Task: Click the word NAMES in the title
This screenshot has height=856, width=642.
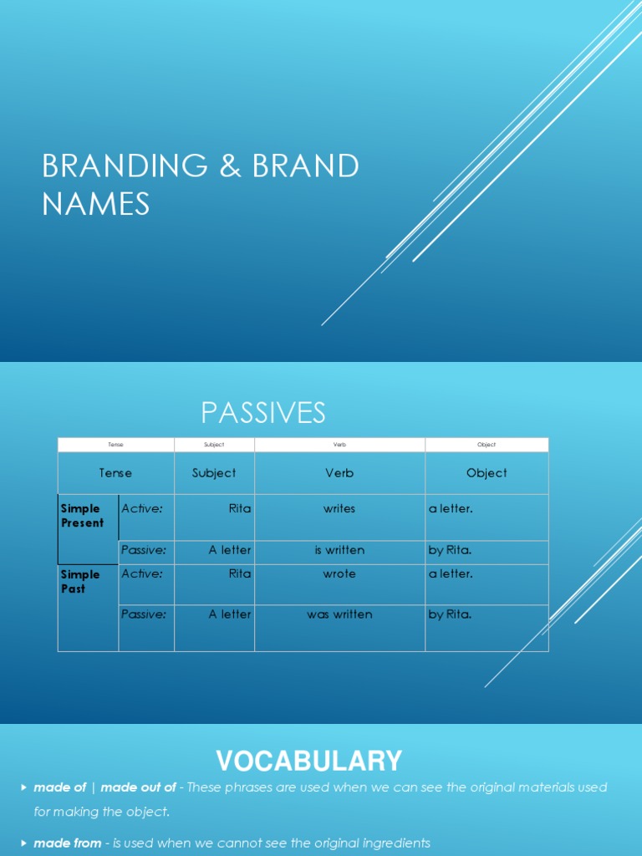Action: pyautogui.click(x=96, y=203)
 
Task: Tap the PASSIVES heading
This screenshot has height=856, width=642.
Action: pyautogui.click(x=263, y=412)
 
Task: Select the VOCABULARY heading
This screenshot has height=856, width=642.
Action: pyautogui.click(x=309, y=761)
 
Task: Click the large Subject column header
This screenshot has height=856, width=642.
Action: pyautogui.click(x=214, y=473)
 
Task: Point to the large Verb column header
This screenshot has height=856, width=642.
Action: pyautogui.click(x=339, y=473)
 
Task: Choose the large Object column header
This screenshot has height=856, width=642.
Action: pyautogui.click(x=487, y=473)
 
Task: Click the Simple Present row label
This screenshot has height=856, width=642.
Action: pyautogui.click(x=83, y=516)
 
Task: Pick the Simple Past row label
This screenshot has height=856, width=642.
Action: pyautogui.click(x=80, y=582)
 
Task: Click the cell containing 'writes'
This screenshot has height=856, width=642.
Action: pyautogui.click(x=339, y=508)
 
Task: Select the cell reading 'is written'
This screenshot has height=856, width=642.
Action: pyautogui.click(x=339, y=550)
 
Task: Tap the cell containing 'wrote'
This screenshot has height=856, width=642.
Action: pyautogui.click(x=339, y=574)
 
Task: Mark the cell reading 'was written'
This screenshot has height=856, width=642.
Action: pyautogui.click(x=339, y=614)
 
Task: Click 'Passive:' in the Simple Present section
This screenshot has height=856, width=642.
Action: pyautogui.click(x=144, y=550)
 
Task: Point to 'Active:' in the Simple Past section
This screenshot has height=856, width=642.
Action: pyautogui.click(x=142, y=574)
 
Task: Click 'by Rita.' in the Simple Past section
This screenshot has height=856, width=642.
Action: pyautogui.click(x=450, y=614)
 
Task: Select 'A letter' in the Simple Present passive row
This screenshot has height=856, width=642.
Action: pyautogui.click(x=230, y=550)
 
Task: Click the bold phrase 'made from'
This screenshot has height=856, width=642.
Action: pyautogui.click(x=68, y=843)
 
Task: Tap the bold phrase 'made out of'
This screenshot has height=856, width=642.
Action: pyautogui.click(x=139, y=787)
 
